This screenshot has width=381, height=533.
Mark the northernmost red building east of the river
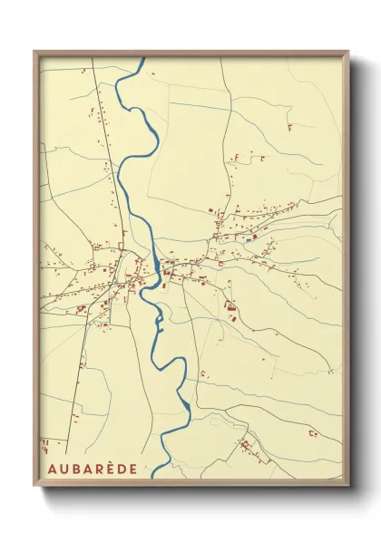(x=288, y=124)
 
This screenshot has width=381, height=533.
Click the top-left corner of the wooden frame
(x=34, y=52)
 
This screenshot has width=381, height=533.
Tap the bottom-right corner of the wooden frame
(x=349, y=489)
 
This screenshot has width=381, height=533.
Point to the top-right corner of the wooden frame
(x=349, y=52)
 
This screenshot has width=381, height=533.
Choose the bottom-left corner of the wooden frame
(x=34, y=489)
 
